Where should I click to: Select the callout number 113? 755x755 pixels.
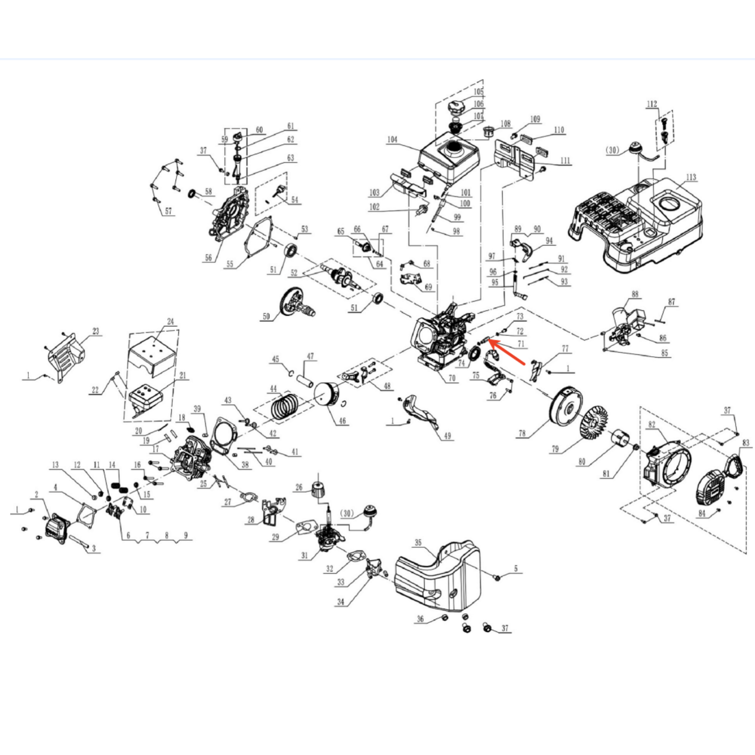tap(691, 177)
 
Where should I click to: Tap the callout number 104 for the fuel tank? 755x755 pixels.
tap(392, 140)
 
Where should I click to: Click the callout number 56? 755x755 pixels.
tap(208, 259)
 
